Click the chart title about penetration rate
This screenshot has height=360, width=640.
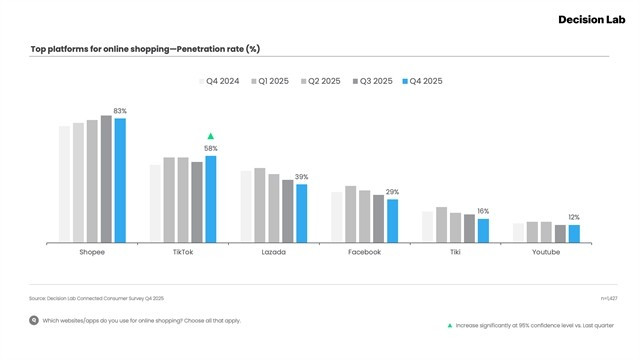145,48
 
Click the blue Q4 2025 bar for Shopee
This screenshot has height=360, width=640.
120,180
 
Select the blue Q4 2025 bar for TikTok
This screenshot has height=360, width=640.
210,199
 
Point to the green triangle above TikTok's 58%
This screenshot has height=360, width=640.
210,136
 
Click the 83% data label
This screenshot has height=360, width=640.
120,111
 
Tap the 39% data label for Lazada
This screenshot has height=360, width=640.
301,177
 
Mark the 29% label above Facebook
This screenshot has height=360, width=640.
392,192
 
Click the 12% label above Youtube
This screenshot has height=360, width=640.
573,217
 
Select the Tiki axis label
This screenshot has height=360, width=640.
455,252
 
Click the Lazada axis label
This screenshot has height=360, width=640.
273,252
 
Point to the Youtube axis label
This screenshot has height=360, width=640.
545,252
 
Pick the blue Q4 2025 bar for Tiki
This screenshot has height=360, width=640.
483,230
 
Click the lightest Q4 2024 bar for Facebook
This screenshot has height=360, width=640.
337,217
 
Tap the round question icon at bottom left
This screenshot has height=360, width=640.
34,321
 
